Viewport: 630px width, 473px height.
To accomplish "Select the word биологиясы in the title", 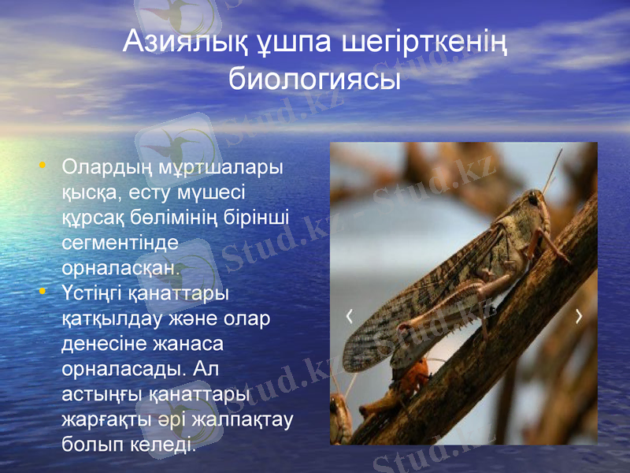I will coord(315,79).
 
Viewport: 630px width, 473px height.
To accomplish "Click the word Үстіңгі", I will coord(91,294).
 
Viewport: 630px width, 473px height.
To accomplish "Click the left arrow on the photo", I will coord(350,316).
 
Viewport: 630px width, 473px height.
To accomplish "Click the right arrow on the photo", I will coord(580,316).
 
